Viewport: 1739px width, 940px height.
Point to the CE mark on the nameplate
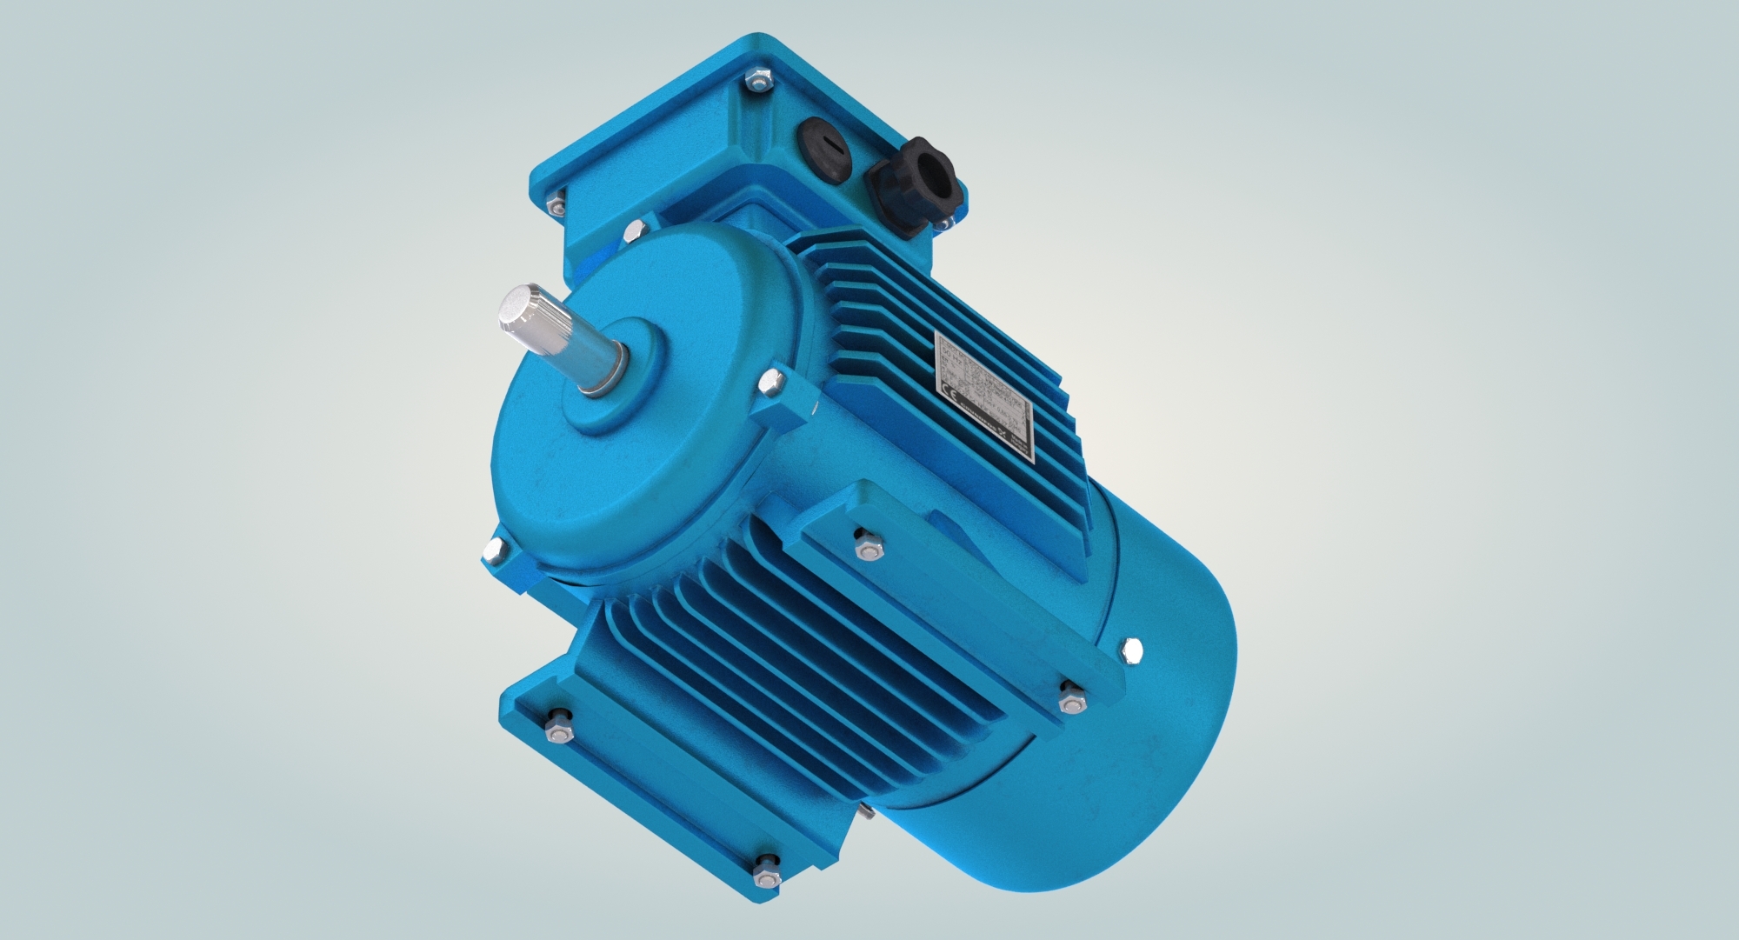[x=950, y=392]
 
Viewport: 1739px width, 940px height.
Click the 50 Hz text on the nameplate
[x=951, y=356]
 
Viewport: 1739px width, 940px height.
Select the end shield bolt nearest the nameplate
[x=770, y=381]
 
